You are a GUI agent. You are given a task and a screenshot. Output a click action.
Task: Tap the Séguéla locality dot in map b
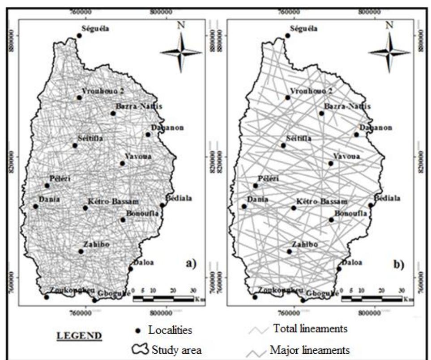(x=288, y=36)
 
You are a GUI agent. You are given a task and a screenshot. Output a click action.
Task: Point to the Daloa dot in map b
(x=339, y=269)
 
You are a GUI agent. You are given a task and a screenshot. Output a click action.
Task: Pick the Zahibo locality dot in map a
(x=81, y=251)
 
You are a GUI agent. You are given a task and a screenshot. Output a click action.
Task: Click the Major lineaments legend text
(x=310, y=349)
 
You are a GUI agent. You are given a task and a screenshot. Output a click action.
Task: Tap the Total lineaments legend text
(x=310, y=330)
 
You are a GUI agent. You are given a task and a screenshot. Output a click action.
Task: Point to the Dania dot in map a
(x=35, y=206)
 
